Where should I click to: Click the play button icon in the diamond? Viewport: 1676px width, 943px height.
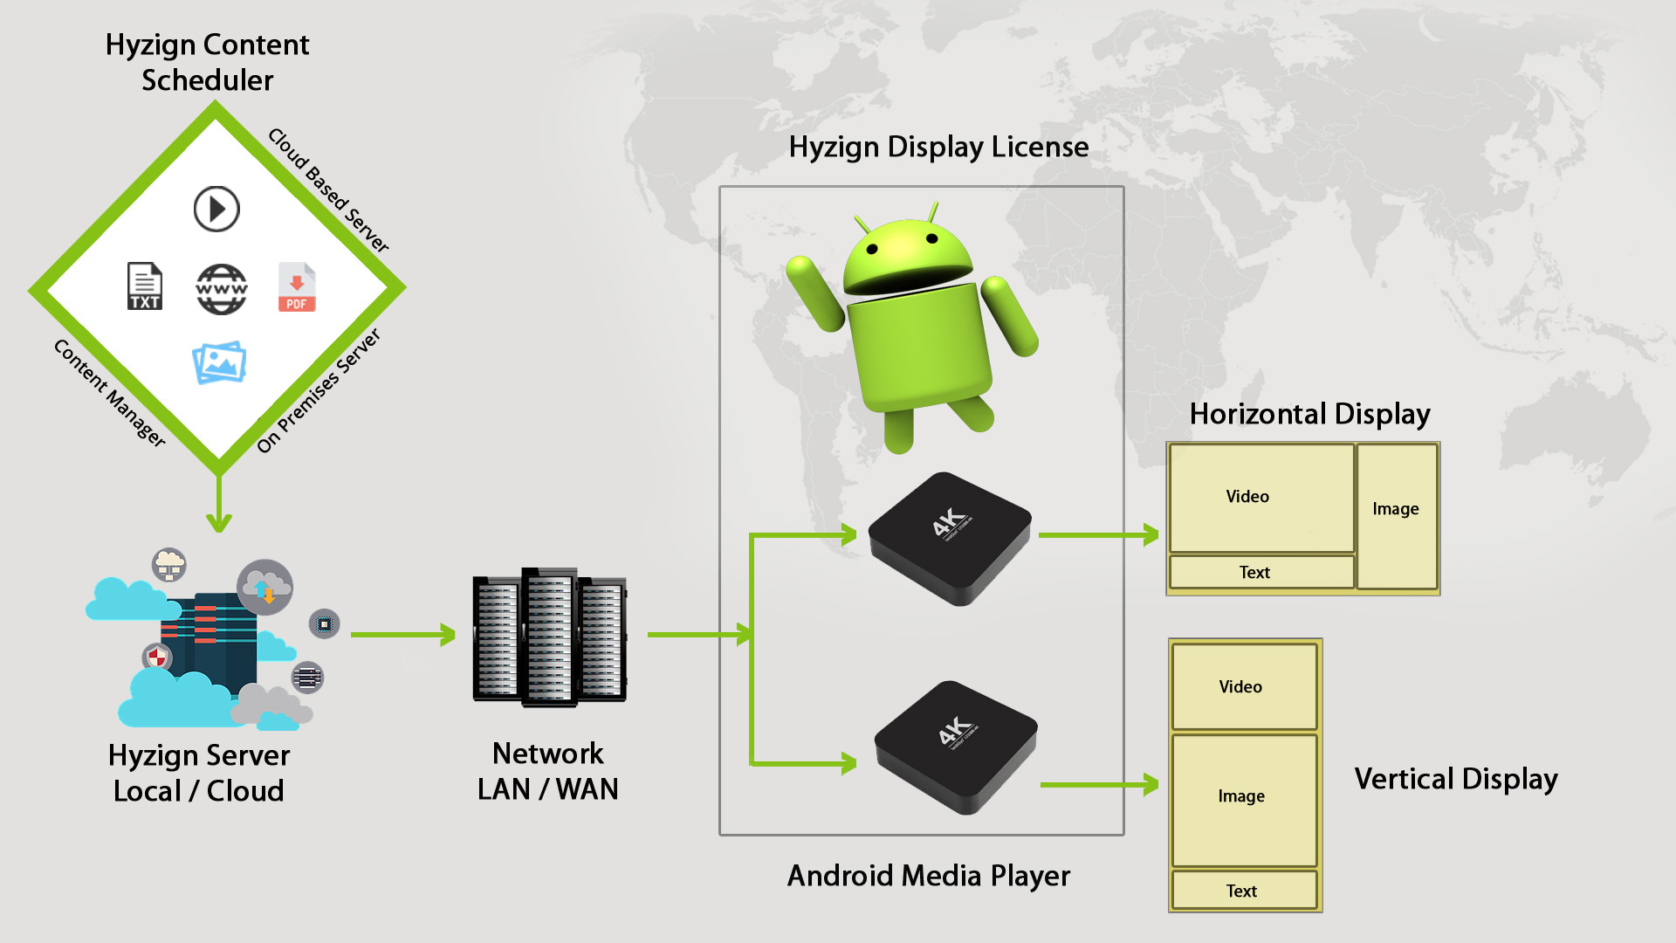(x=216, y=209)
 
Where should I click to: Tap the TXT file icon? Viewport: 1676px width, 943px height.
(x=145, y=286)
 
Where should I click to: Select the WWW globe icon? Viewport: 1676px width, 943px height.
(x=222, y=289)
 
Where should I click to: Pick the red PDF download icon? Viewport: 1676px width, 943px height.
(x=297, y=287)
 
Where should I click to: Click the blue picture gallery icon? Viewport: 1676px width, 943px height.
(x=219, y=362)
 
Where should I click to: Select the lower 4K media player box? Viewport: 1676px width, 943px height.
(x=956, y=747)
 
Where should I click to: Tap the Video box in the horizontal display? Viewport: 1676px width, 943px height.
(x=1260, y=498)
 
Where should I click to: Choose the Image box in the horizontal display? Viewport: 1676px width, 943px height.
(x=1396, y=515)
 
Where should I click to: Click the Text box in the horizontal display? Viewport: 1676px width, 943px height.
(x=1260, y=572)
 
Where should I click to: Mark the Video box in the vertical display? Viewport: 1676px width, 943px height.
(x=1243, y=686)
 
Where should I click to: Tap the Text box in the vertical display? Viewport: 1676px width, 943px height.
(x=1243, y=891)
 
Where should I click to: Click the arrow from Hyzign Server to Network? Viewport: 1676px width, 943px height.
(x=402, y=635)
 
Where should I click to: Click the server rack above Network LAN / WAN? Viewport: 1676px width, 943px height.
(x=549, y=637)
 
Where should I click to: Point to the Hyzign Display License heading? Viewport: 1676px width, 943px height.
(x=938, y=147)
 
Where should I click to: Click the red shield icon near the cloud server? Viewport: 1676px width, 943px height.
(x=156, y=657)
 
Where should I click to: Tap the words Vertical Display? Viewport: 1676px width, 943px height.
(x=1455, y=779)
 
